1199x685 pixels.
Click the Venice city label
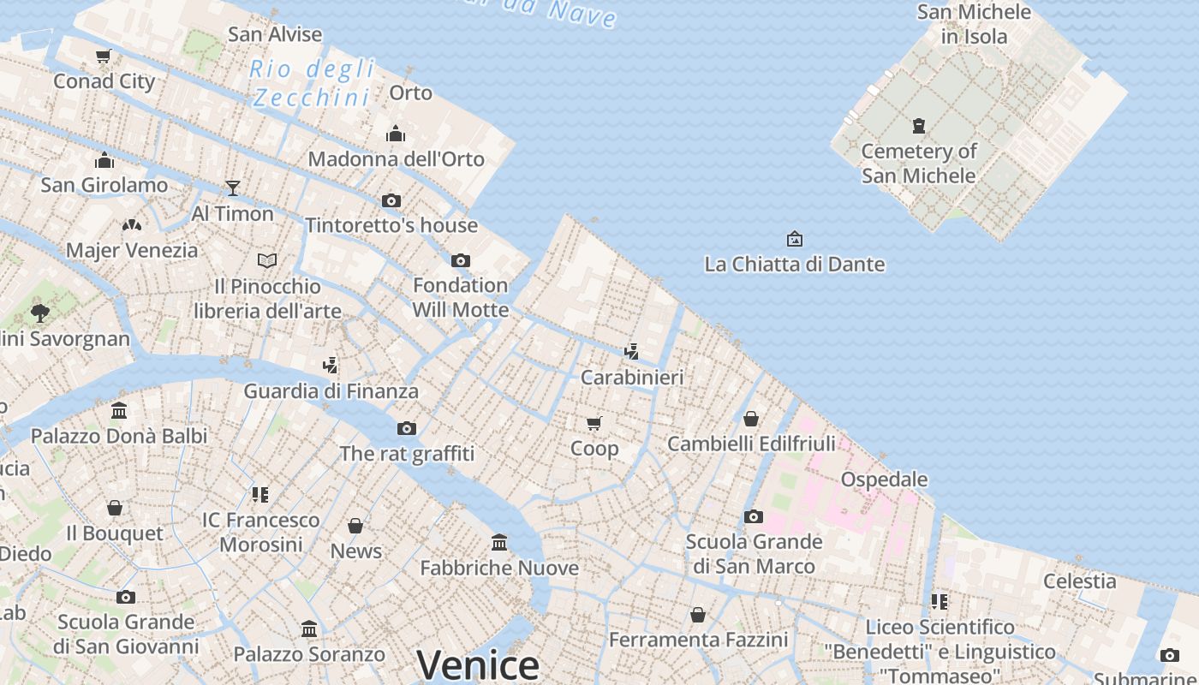(x=478, y=665)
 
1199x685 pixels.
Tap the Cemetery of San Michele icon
(x=919, y=126)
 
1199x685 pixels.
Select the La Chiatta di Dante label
(x=794, y=264)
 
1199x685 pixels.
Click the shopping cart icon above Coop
(x=594, y=423)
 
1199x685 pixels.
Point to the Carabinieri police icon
(x=632, y=351)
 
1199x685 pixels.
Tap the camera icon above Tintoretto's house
(x=391, y=200)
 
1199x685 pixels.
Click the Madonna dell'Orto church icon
(x=396, y=134)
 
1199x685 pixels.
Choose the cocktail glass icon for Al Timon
(x=232, y=188)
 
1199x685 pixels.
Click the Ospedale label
(x=884, y=479)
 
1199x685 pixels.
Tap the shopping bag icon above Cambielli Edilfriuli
(x=751, y=419)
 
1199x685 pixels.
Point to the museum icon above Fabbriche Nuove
(x=499, y=542)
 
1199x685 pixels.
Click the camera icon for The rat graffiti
(x=407, y=428)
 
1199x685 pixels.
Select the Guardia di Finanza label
(x=331, y=391)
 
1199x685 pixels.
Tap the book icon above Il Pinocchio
(x=267, y=260)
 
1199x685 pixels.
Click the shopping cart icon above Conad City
(x=104, y=57)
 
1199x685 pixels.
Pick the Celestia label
(x=1079, y=581)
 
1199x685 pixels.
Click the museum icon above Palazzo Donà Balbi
(x=119, y=411)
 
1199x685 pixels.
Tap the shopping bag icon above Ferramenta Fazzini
(x=698, y=615)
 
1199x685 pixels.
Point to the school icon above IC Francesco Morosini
(x=260, y=494)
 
